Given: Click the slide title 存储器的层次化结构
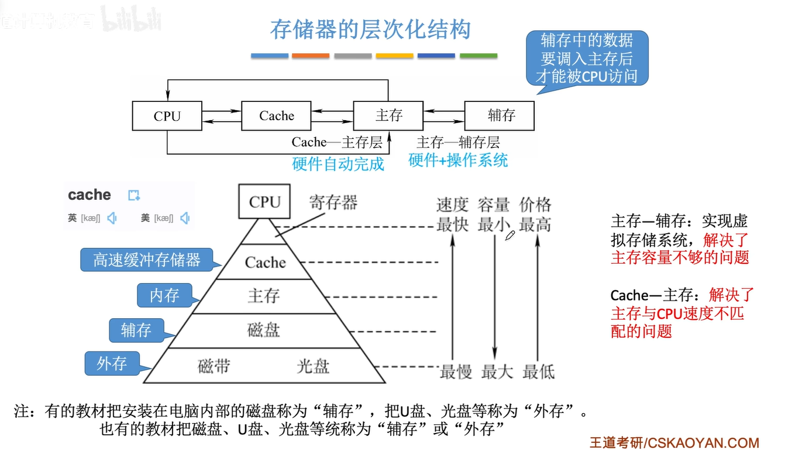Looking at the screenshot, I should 370,29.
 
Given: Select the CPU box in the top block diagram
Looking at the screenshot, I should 167,115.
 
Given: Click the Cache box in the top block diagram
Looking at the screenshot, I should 276,115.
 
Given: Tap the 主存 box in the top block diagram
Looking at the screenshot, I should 388,115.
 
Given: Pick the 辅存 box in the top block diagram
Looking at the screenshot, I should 499,115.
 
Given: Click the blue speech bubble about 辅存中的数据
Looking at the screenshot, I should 587,59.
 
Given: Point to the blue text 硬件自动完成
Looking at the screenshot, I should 338,163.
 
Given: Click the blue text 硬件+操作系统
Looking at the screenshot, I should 458,160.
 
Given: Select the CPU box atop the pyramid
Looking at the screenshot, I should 264,202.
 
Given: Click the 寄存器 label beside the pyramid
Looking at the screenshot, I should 333,203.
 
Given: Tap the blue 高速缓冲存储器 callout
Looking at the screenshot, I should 146,260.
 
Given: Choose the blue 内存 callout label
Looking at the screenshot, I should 164,295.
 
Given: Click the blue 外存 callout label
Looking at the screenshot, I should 112,364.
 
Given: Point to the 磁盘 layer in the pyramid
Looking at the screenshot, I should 264,330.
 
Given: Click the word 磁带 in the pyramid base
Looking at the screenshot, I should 214,366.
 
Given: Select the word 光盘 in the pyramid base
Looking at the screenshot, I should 313,366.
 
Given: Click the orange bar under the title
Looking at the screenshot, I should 311,56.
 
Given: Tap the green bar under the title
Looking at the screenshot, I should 478,56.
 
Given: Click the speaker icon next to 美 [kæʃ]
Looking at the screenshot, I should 185,219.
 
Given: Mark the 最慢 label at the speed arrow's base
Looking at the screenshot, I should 456,371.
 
